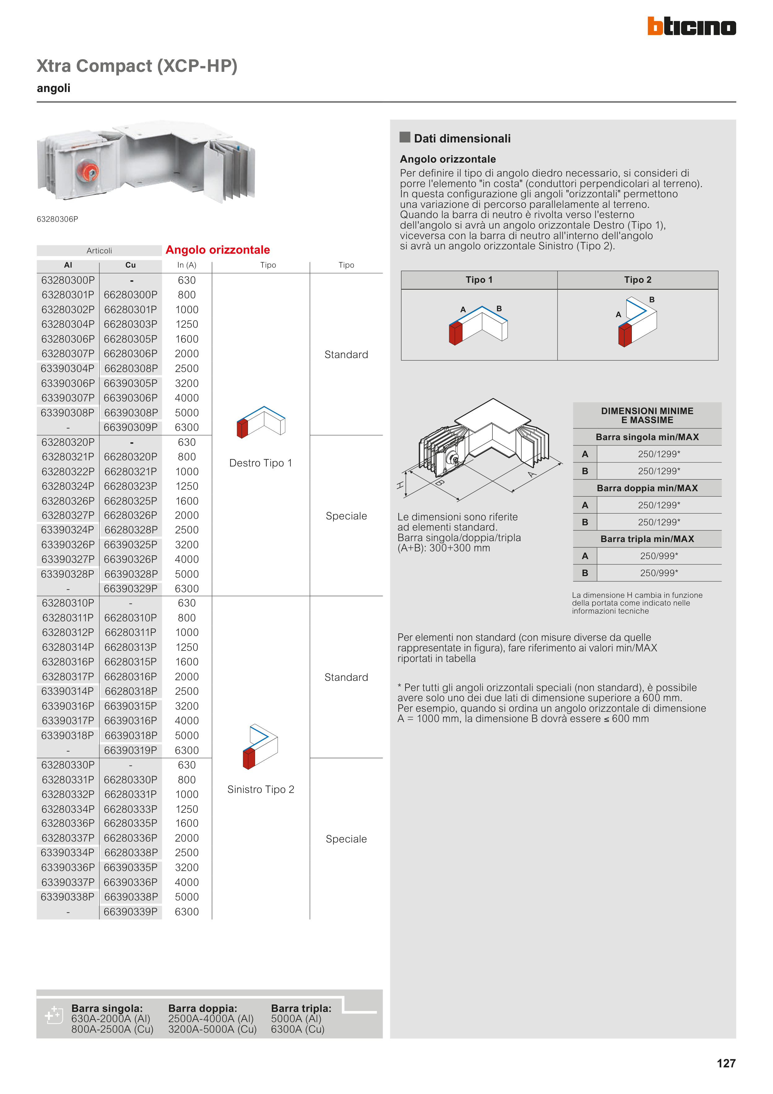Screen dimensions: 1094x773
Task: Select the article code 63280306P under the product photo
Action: (57, 219)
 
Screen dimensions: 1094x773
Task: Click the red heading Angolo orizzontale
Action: (218, 250)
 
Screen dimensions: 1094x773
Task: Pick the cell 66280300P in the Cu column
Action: (131, 295)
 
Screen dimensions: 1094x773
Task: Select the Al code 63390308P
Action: (67, 413)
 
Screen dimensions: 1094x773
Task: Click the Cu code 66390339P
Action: (131, 912)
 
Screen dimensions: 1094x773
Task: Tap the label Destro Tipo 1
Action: (261, 463)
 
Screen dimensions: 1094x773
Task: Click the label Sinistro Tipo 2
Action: (261, 790)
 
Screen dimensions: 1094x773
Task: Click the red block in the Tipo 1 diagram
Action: (455, 333)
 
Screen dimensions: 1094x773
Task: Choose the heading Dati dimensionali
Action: (462, 139)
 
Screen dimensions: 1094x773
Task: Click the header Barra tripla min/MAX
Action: (647, 539)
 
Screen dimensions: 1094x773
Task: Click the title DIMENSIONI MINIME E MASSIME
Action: (647, 415)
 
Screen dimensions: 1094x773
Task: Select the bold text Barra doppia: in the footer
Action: (202, 1008)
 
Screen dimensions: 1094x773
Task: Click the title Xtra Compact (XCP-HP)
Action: (137, 66)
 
